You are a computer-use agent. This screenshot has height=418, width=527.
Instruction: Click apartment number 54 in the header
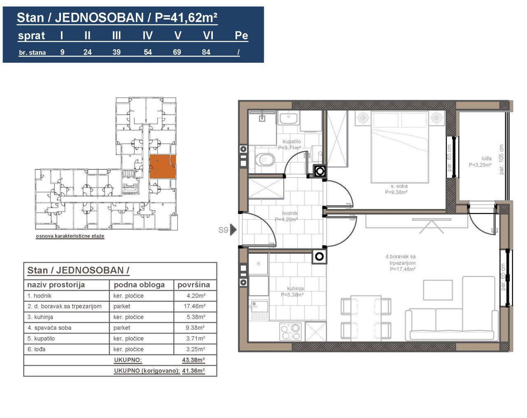pos(148,52)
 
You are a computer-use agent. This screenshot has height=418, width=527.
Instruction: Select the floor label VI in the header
pos(208,35)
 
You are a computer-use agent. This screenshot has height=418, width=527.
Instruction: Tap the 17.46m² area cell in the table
pos(195,306)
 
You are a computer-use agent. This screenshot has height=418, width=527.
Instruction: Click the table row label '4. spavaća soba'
pos(49,328)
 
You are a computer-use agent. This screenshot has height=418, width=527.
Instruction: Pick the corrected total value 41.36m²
pos(194,371)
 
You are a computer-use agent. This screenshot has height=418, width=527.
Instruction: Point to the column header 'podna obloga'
pos(139,285)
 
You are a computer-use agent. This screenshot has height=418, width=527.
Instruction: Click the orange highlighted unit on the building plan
pos(163,167)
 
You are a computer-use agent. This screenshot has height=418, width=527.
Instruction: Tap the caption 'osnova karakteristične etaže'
pos(70,236)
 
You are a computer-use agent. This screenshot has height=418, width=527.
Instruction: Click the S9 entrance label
pos(223,230)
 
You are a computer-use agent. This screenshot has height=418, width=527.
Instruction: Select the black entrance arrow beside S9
pos(233,230)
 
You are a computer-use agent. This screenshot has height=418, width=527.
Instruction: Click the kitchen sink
pos(259,310)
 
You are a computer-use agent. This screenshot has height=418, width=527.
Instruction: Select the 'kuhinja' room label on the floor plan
pos(295,289)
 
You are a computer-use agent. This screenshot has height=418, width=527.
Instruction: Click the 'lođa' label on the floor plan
pos(486,159)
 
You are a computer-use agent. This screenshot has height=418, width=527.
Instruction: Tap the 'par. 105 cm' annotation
pos(501,160)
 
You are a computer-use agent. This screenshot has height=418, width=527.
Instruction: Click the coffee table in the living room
pos(438,290)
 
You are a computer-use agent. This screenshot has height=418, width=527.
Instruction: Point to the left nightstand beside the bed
pos(363,117)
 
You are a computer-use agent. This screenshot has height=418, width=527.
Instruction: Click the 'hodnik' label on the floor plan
pos(289,213)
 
